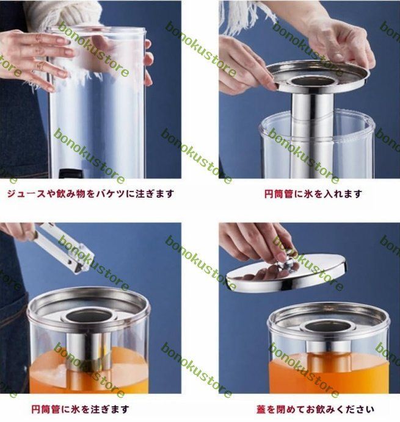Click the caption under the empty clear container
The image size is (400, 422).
pyautogui.click(x=90, y=194)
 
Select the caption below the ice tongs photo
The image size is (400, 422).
pyautogui.click(x=81, y=409)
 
